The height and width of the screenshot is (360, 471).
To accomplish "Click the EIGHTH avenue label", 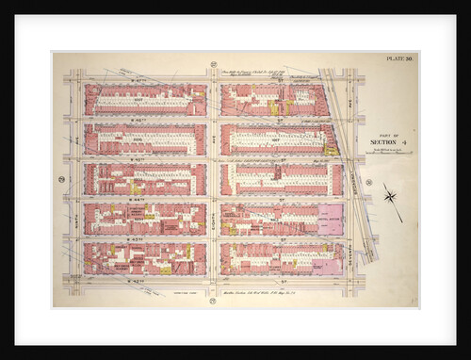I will click(x=214, y=179).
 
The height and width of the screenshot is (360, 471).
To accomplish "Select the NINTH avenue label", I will click(x=73, y=179).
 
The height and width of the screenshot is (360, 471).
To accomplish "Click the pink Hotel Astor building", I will click(x=331, y=219).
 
